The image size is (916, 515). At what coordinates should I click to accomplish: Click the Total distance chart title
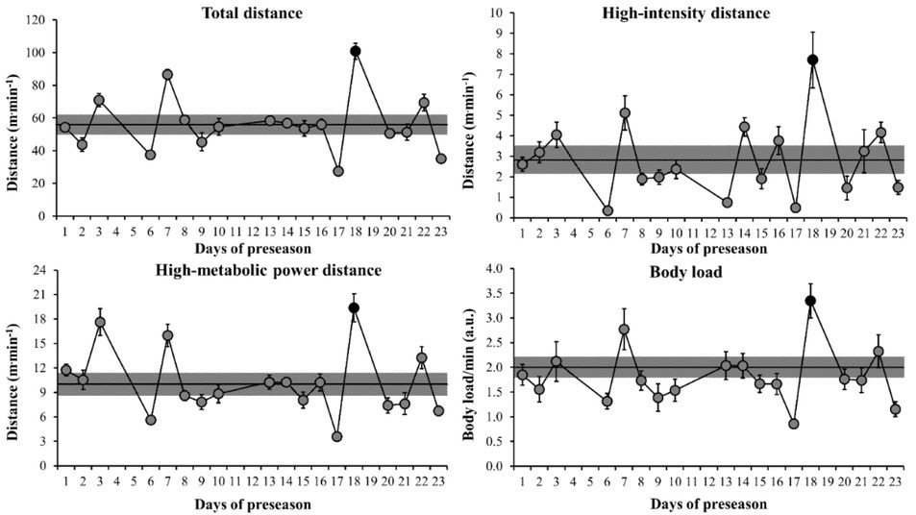(x=251, y=12)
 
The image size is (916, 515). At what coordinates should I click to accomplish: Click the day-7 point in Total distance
(x=167, y=74)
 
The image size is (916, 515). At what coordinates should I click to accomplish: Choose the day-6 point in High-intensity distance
(x=608, y=210)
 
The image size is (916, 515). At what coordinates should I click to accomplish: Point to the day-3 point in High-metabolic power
(x=100, y=323)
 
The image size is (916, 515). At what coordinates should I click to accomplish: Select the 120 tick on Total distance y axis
(x=38, y=19)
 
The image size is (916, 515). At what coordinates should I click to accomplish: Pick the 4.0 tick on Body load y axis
(x=493, y=268)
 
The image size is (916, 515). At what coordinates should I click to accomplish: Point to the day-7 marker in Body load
(x=624, y=330)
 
